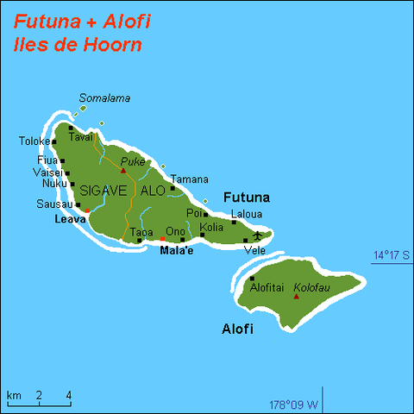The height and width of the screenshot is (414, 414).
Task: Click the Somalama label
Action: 104,98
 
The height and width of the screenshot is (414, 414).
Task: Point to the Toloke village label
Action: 34,141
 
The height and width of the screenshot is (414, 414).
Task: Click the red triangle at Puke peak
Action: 123,171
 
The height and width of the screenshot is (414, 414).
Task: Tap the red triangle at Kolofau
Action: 297,297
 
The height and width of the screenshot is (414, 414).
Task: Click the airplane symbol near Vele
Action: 257,235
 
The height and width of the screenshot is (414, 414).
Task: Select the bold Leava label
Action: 70,219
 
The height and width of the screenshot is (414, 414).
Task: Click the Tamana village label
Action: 190,179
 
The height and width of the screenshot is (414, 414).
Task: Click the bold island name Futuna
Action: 247,197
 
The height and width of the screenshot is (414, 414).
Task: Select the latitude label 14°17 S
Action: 390,254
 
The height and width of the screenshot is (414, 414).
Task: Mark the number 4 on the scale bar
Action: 69,396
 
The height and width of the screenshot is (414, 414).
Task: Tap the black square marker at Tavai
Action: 71,129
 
